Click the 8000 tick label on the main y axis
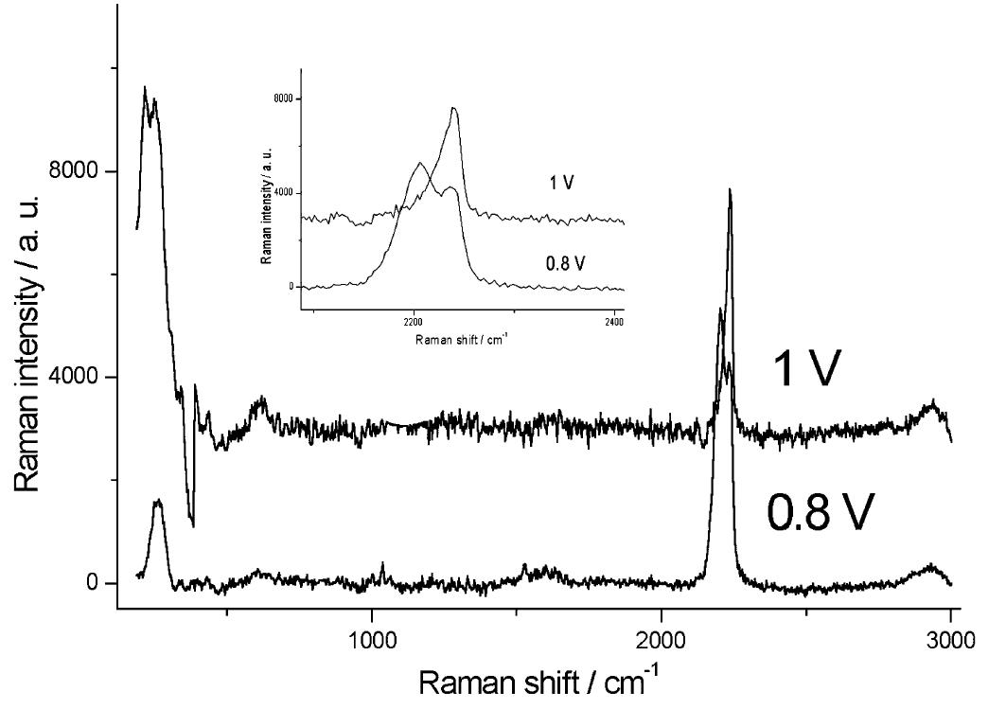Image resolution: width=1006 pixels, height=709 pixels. click(79, 171)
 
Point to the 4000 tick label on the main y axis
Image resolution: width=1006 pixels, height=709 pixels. click(79, 378)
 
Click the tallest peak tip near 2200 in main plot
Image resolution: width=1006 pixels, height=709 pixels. click(730, 189)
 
